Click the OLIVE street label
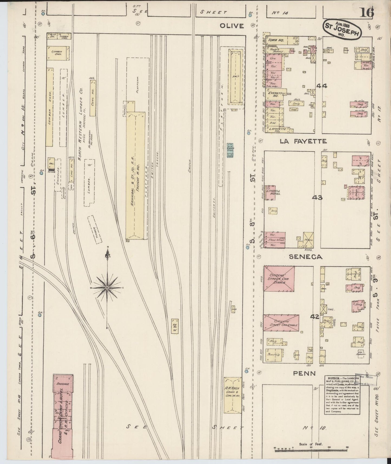(x=232, y=26)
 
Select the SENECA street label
(x=305, y=257)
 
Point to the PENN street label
(x=304, y=374)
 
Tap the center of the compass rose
(x=107, y=287)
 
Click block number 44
(x=322, y=86)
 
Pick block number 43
(x=317, y=198)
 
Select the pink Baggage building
(x=63, y=384)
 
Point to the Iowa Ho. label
(x=276, y=40)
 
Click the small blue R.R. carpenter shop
(x=230, y=150)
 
